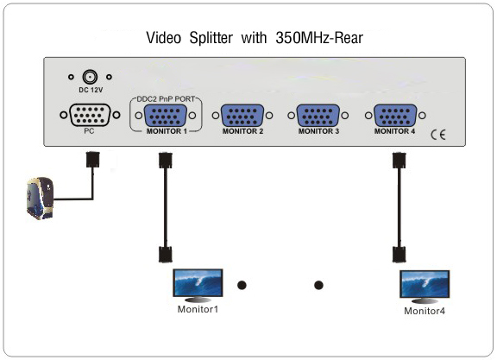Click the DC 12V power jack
click(x=90, y=77)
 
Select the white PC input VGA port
click(x=90, y=115)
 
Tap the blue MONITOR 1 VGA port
click(x=165, y=116)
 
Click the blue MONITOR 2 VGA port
click(x=242, y=116)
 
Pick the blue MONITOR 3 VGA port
click(x=318, y=116)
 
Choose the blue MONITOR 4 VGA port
click(x=395, y=116)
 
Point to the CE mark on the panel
click(x=438, y=135)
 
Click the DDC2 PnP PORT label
click(x=166, y=99)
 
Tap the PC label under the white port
click(x=89, y=131)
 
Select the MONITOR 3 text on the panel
click(x=318, y=131)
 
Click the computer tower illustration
click(x=41, y=199)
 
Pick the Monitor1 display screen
click(x=198, y=283)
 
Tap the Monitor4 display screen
click(x=425, y=284)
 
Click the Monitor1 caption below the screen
click(x=198, y=309)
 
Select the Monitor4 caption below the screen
click(x=425, y=311)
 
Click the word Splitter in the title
click(x=211, y=38)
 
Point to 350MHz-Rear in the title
click(x=319, y=38)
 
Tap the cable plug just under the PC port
click(x=93, y=160)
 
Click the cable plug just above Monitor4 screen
click(x=399, y=255)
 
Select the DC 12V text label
click(x=91, y=90)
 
